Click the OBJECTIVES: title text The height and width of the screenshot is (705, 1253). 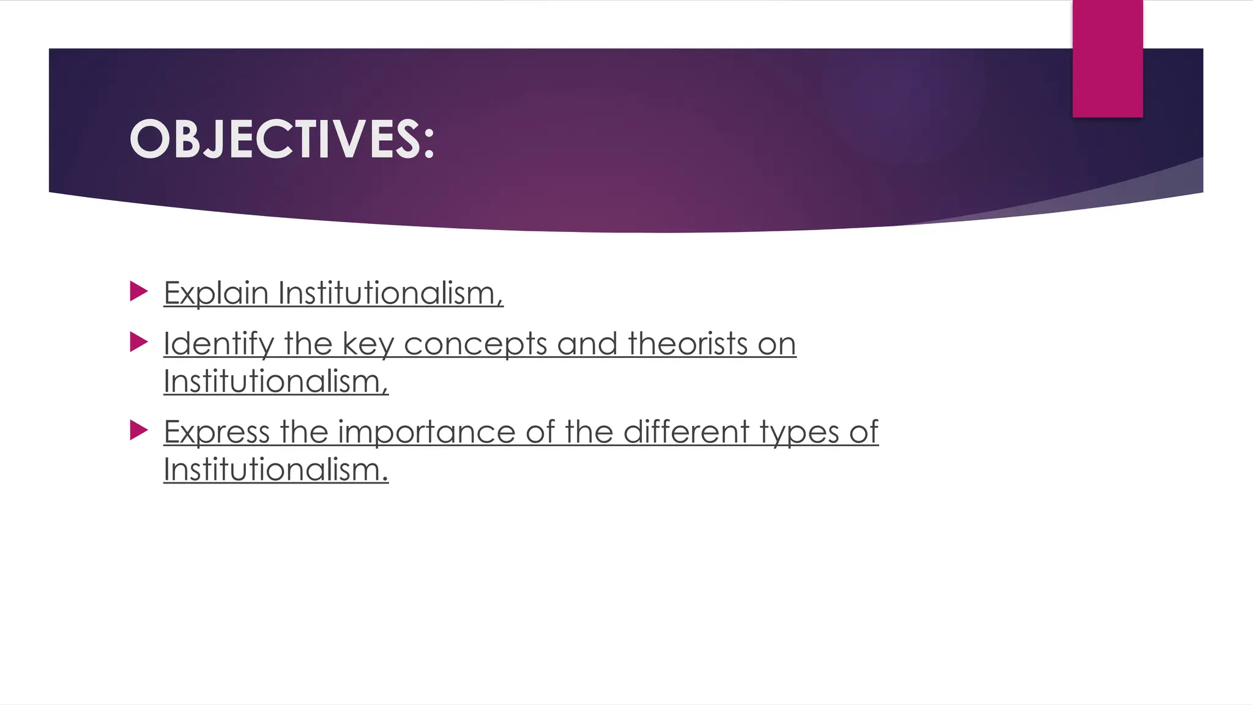click(x=281, y=140)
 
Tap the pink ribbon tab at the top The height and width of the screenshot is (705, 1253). click(x=1107, y=59)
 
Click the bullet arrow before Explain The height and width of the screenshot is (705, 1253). click(x=139, y=291)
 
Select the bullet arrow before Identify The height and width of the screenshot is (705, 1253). click(x=139, y=342)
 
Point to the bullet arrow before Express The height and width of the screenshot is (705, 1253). click(x=139, y=430)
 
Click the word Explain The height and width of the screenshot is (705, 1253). click(x=216, y=293)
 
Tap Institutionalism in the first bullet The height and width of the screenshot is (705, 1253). click(x=390, y=293)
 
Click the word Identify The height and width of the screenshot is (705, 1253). click(x=218, y=344)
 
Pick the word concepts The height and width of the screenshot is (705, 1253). click(x=475, y=344)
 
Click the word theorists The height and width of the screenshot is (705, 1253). click(x=687, y=344)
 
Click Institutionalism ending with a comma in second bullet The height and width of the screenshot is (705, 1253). click(x=276, y=382)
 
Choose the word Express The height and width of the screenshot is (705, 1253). click(x=217, y=432)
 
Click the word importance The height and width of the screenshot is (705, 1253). click(x=426, y=432)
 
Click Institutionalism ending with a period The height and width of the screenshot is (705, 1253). click(x=276, y=470)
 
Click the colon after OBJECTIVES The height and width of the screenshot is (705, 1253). click(x=428, y=141)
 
